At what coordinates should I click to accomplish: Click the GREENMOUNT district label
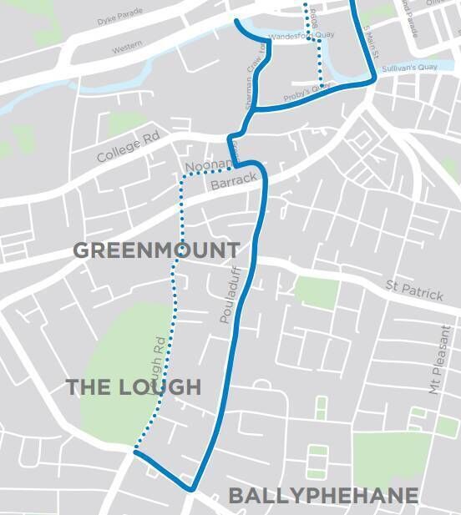(x=156, y=250)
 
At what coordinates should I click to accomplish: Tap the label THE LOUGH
(x=134, y=387)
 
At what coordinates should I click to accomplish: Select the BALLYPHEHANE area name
(x=323, y=496)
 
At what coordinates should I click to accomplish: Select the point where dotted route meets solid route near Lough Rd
(x=134, y=452)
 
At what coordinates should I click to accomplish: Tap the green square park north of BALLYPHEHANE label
(x=380, y=456)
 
